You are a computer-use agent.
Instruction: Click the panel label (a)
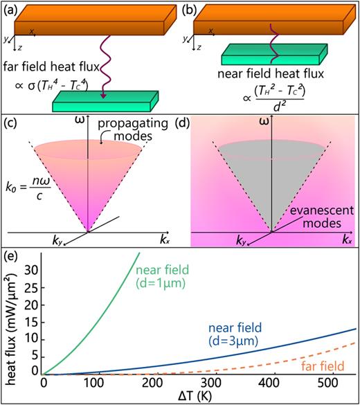pos(10,8)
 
